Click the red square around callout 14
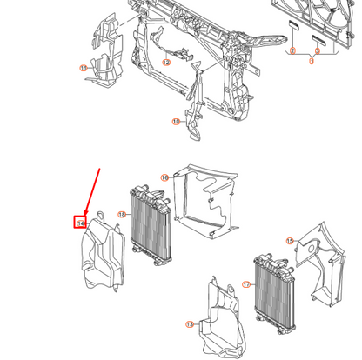tap(80, 223)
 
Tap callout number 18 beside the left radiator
tap(123, 214)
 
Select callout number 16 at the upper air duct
tap(164, 177)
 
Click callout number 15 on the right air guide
tap(290, 240)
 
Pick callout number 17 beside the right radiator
tap(246, 283)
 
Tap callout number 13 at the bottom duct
tap(190, 323)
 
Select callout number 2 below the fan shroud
tap(293, 52)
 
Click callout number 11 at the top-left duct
tap(84, 67)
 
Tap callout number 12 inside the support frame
tap(165, 62)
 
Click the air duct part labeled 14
tap(103, 252)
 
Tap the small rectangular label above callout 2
tap(293, 38)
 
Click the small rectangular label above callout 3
tap(318, 38)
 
